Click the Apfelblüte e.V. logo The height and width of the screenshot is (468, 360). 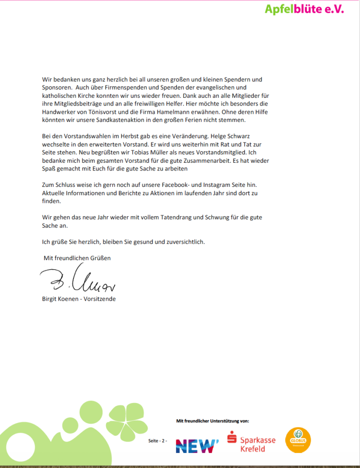point(304,9)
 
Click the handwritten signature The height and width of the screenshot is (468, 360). point(78,282)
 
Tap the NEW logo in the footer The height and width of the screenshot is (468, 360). point(197,445)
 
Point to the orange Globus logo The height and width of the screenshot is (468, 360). point(297,440)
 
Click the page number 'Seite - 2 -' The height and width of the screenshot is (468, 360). point(158,441)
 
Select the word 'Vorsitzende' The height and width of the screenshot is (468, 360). point(100,299)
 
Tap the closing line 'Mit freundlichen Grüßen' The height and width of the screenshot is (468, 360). point(77,258)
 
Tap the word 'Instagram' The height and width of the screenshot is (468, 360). point(212,185)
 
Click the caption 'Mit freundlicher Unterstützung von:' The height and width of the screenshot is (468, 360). point(212,420)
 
